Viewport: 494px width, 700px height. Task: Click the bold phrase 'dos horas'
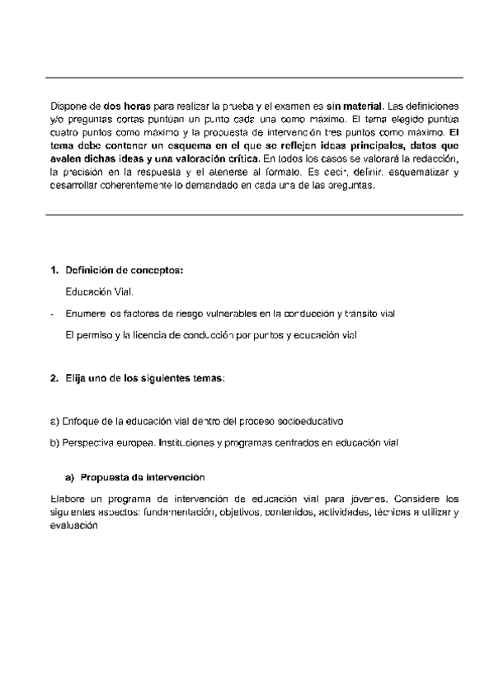coord(126,106)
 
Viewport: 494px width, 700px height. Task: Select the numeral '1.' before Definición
coord(55,271)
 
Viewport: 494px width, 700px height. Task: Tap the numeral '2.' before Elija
coord(55,378)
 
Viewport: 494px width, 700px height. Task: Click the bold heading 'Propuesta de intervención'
coord(142,478)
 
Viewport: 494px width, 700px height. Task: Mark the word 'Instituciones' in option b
coord(187,442)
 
